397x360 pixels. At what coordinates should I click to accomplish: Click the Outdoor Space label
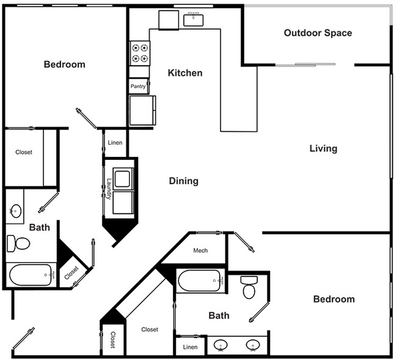tap(318, 33)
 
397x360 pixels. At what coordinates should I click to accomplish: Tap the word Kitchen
tap(185, 73)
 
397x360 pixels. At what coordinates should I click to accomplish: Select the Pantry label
tap(138, 87)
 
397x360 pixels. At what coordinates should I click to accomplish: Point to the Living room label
tap(323, 148)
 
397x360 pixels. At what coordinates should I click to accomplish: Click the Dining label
tap(184, 181)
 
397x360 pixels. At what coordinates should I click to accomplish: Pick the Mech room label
tap(200, 251)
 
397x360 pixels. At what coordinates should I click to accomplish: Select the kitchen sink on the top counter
tap(194, 20)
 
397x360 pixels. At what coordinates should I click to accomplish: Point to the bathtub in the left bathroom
tap(31, 275)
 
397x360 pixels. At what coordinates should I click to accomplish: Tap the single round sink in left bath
tap(15, 212)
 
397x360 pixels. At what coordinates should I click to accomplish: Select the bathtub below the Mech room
tap(200, 281)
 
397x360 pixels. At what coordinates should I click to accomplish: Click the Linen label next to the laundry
tap(115, 143)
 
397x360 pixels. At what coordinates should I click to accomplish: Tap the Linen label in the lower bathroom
tap(190, 347)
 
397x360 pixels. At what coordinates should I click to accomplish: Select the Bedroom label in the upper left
tap(64, 65)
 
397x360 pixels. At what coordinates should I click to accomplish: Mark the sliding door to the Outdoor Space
tap(305, 64)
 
